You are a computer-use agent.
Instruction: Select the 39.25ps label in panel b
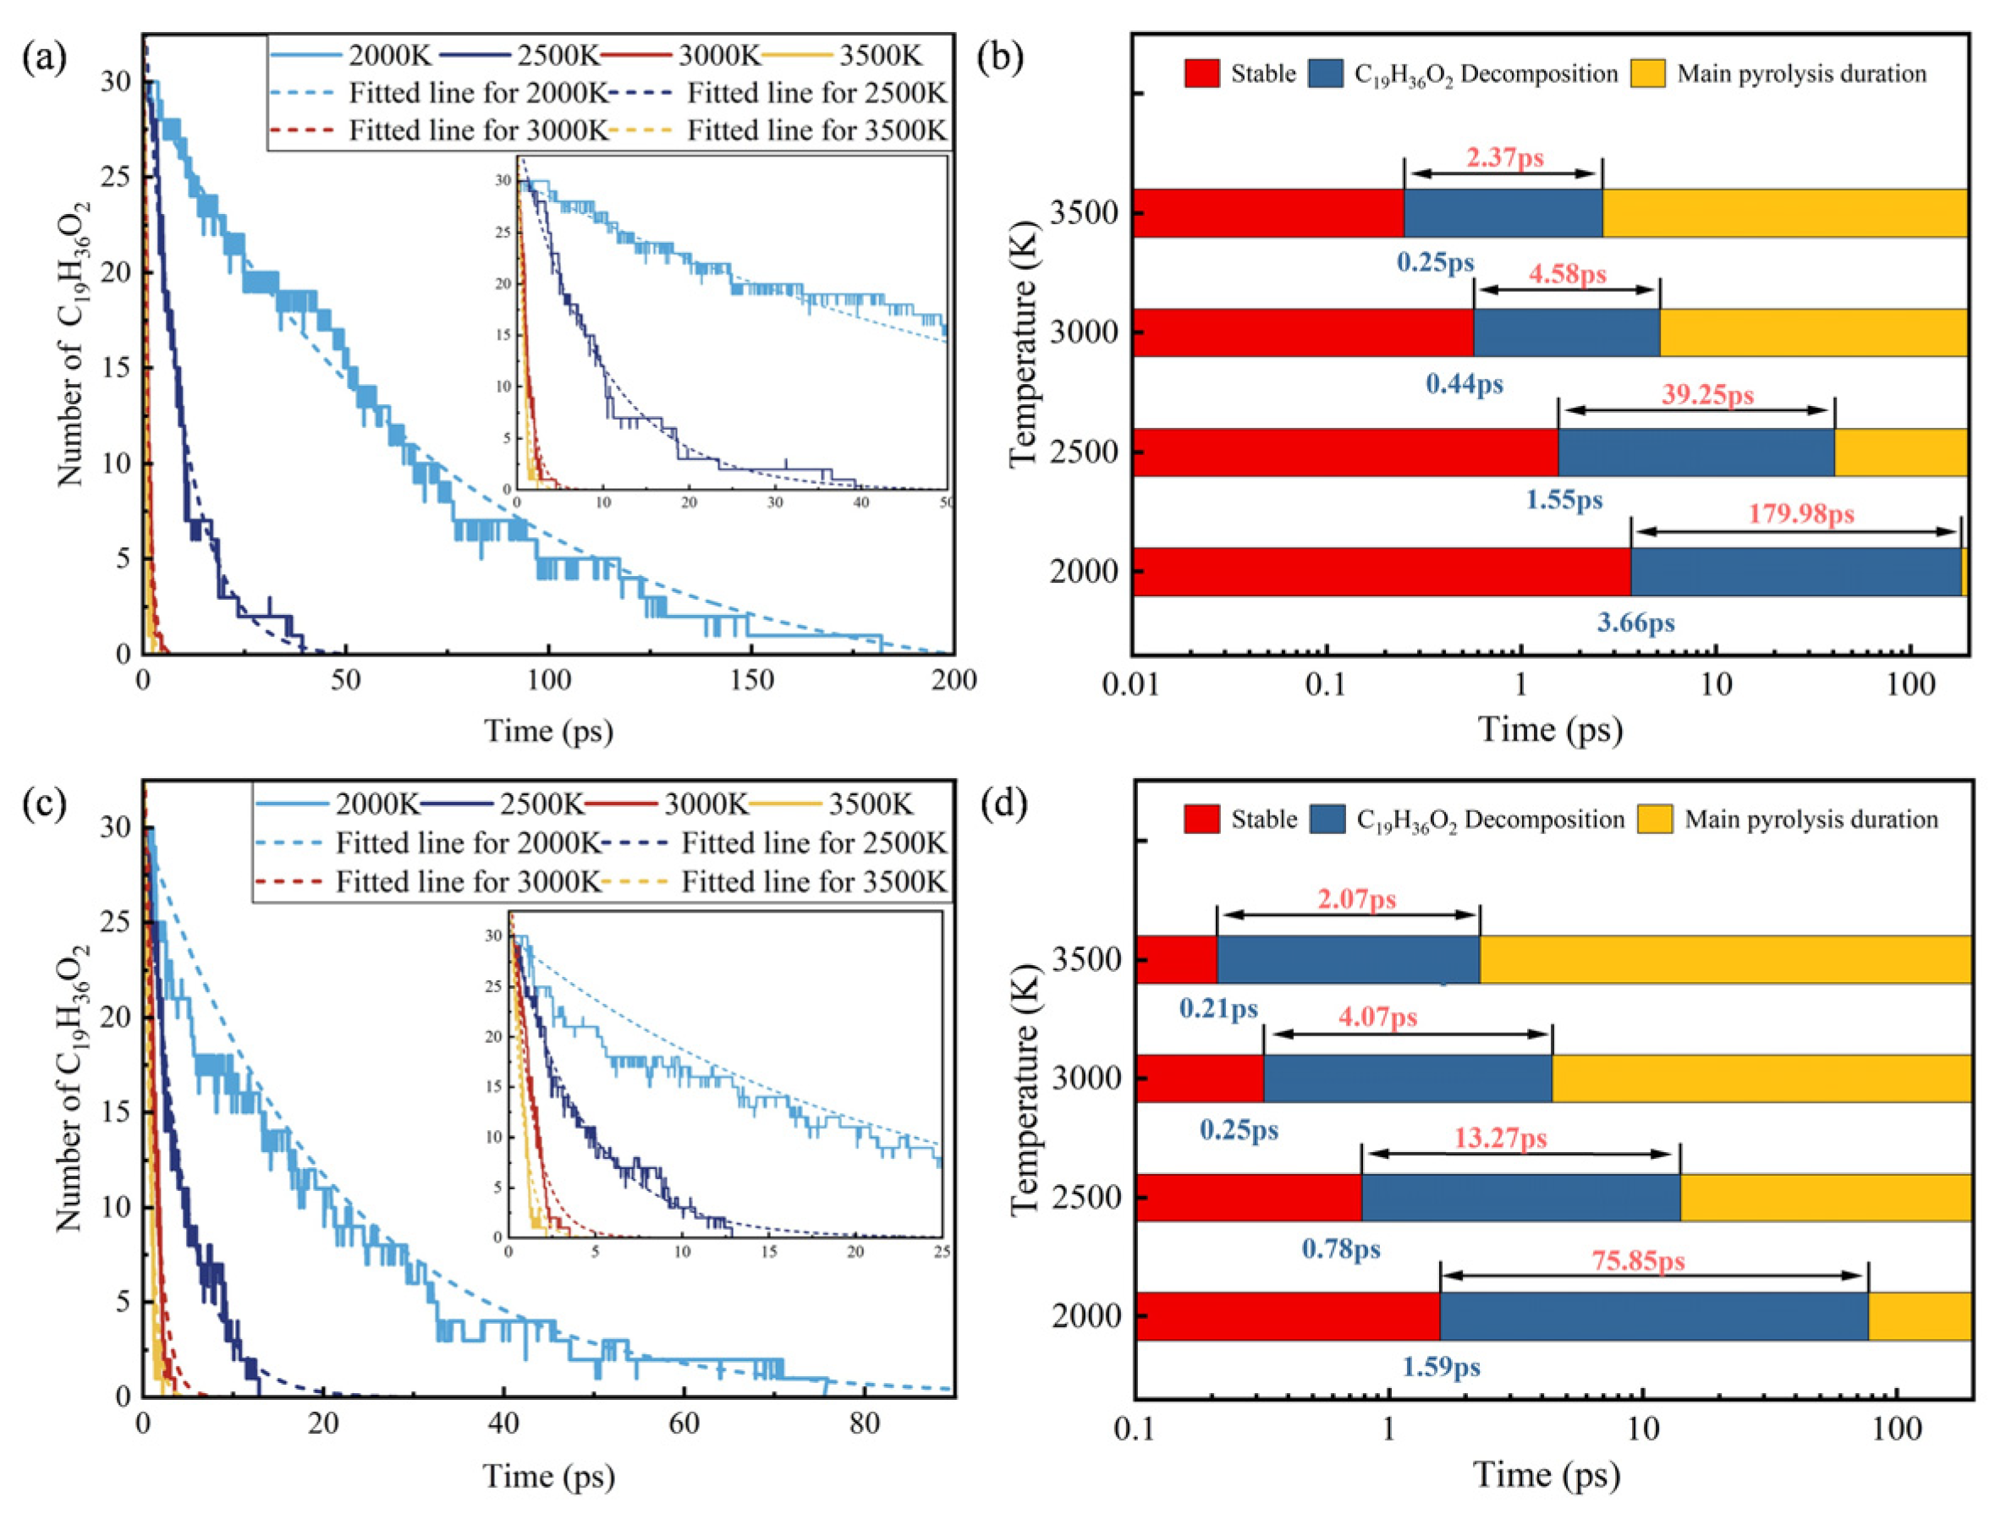pyautogui.click(x=1707, y=395)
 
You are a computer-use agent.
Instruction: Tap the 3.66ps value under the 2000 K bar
pyautogui.click(x=1635, y=623)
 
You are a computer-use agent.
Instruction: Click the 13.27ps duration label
pyautogui.click(x=1500, y=1139)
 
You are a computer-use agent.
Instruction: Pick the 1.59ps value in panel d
pyautogui.click(x=1442, y=1366)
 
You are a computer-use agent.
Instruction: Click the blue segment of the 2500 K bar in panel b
pyautogui.click(x=1695, y=453)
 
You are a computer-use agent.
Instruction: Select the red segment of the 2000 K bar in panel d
pyautogui.click(x=1287, y=1316)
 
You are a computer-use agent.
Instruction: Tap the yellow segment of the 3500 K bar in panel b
pyautogui.click(x=1784, y=213)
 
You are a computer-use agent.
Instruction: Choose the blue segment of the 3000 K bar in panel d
pyautogui.click(x=1407, y=1078)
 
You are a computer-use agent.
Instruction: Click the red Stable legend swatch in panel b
pyautogui.click(x=1202, y=74)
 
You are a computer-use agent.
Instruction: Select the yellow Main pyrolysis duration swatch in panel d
pyautogui.click(x=1655, y=820)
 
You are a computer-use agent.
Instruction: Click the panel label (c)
pyautogui.click(x=44, y=804)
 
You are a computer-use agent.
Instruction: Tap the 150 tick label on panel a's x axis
pyautogui.click(x=752, y=681)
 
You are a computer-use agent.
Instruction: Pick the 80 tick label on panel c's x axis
pyautogui.click(x=864, y=1425)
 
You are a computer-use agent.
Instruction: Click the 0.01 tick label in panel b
pyautogui.click(x=1132, y=685)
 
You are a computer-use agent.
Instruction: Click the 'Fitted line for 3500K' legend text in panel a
pyautogui.click(x=816, y=131)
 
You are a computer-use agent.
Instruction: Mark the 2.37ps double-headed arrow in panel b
pyautogui.click(x=1503, y=173)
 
